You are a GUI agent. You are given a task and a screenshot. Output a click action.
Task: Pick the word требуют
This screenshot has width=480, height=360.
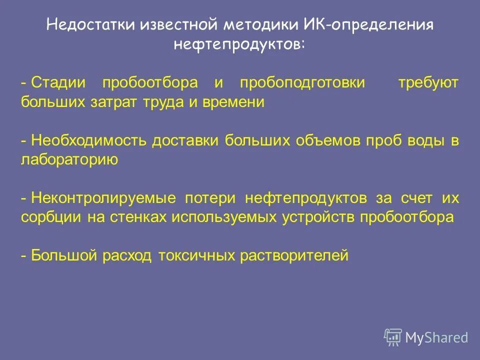(x=427, y=83)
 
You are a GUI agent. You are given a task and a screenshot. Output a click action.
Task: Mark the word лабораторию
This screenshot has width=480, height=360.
(x=69, y=159)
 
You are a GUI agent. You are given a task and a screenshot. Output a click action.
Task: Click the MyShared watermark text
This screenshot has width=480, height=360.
(x=436, y=338)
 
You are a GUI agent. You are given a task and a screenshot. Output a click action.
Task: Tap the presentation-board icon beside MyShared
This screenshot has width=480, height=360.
(x=393, y=337)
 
